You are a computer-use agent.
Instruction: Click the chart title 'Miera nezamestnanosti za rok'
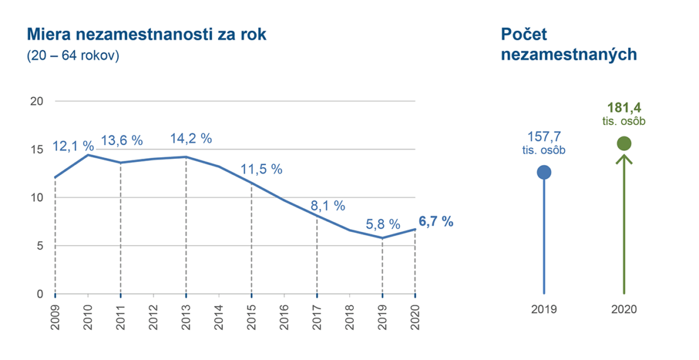[146, 35]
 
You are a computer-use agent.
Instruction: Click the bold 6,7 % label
[435, 222]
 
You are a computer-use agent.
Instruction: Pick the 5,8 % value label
[382, 224]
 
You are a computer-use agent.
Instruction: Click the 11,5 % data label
[261, 170]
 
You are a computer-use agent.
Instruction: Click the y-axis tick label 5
[40, 246]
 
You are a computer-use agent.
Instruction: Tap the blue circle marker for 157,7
[544, 172]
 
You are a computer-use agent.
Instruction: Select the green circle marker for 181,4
[624, 144]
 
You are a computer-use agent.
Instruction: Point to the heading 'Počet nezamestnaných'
[569, 45]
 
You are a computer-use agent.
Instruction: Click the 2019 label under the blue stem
[544, 310]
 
